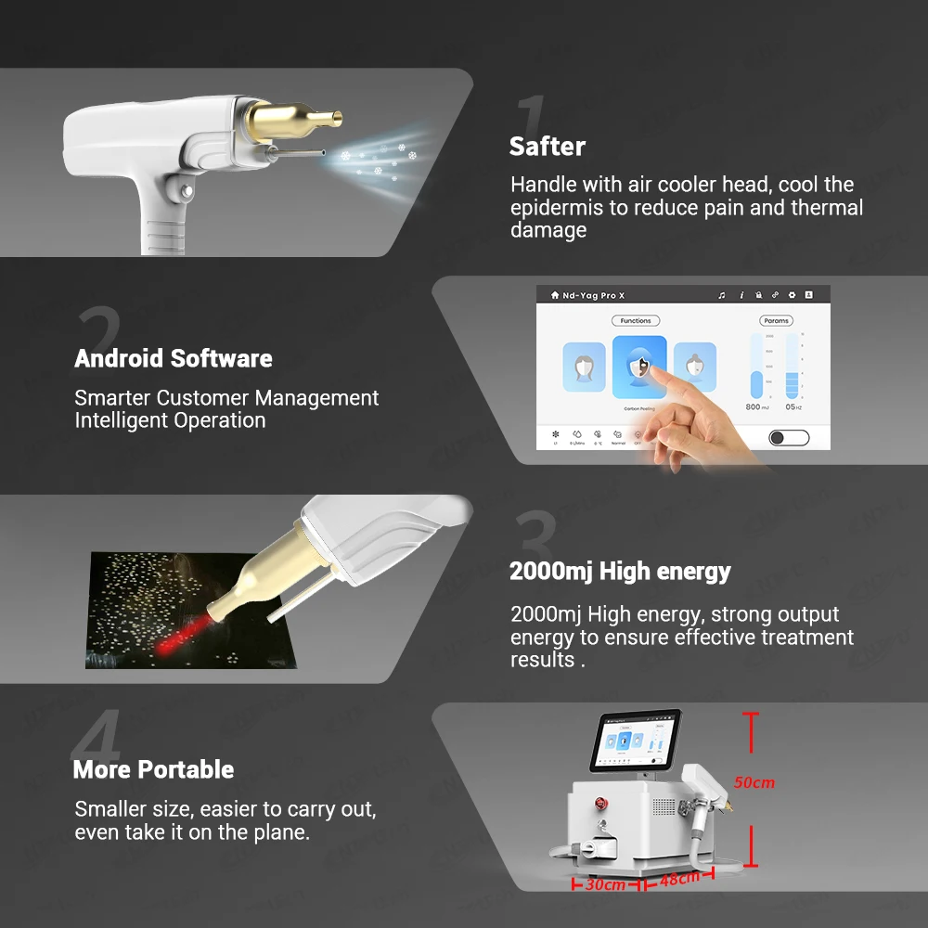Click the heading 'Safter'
pos(548,147)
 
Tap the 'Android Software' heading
pos(174,359)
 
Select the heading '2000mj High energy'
pos(620,572)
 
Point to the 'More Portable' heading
pos(153,769)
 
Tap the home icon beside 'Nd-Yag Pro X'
pos(555,295)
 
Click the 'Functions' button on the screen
pos(636,320)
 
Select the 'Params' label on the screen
pos(777,320)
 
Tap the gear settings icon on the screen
pos(792,295)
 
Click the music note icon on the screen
pos(722,295)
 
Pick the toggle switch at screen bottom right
pos(789,437)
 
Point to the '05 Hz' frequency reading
pos(793,406)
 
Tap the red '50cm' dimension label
pos(754,782)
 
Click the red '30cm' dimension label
pos(605,884)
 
